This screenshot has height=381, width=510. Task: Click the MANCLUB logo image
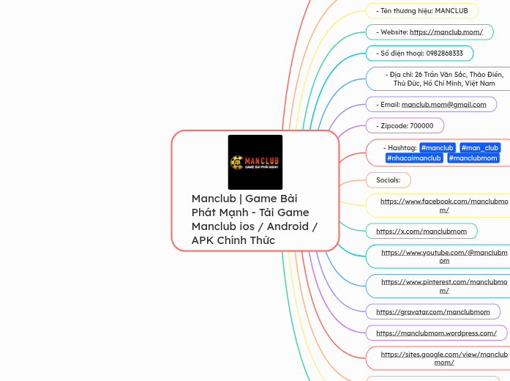[255, 162]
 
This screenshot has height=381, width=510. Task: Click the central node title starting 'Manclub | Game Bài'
[254, 219]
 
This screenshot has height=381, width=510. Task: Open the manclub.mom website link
[446, 32]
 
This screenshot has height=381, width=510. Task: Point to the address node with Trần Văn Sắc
[446, 79]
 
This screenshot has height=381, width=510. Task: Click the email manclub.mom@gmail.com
[443, 104]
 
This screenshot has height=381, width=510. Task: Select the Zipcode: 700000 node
[407, 125]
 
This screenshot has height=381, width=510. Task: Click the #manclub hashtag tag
[437, 148]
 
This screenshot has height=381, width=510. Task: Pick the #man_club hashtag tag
[480, 148]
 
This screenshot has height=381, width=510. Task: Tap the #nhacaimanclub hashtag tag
[413, 158]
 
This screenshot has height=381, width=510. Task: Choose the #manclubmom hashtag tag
[473, 158]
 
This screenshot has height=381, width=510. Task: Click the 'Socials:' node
[388, 180]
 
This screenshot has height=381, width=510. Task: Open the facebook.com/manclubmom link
[444, 205]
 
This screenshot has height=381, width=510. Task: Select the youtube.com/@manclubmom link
[444, 256]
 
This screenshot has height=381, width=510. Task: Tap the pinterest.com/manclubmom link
[444, 286]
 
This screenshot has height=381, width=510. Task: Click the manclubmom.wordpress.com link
[436, 333]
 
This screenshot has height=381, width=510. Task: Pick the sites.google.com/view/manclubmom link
[444, 358]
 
